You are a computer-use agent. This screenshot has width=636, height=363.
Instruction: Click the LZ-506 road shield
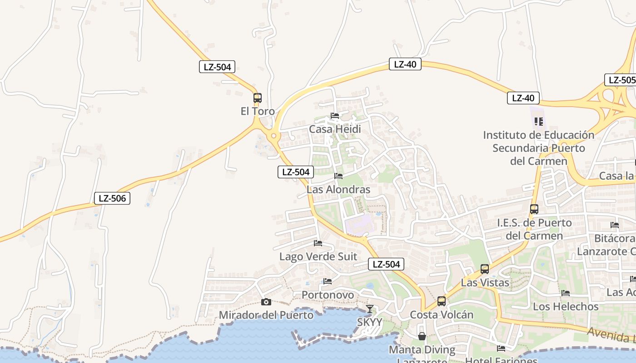click(112, 198)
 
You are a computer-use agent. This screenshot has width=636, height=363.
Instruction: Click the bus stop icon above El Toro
click(258, 98)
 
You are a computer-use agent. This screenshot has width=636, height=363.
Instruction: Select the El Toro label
click(258, 111)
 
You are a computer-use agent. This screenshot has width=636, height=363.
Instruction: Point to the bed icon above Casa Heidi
click(335, 116)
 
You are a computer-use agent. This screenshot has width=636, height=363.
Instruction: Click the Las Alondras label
click(338, 189)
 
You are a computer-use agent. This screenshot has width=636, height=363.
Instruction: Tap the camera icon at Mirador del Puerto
click(266, 302)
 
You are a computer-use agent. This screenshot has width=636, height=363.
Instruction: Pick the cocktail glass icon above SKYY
click(370, 309)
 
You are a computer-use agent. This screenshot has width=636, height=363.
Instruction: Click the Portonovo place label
click(328, 295)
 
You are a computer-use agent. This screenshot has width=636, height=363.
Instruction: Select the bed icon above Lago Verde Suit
click(318, 243)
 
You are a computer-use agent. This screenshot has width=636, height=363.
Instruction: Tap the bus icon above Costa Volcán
click(442, 301)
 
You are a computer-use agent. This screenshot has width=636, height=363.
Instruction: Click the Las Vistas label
click(485, 283)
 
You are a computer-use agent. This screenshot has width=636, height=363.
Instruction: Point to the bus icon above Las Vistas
click(485, 269)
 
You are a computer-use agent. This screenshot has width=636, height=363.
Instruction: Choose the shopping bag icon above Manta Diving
click(422, 336)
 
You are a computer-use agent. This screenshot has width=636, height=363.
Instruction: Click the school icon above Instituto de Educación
click(539, 121)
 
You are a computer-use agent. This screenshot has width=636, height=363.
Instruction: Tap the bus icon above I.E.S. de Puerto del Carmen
click(534, 209)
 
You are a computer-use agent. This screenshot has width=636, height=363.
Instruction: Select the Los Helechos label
click(566, 307)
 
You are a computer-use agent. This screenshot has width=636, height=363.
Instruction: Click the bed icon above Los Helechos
click(566, 293)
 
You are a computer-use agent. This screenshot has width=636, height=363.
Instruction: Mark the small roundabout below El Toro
click(274, 136)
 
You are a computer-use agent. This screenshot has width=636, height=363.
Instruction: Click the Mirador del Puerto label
click(266, 315)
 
